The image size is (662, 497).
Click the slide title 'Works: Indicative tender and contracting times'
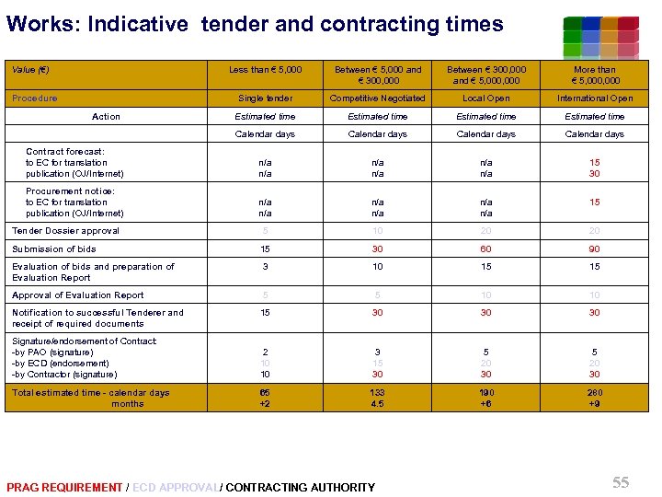255,24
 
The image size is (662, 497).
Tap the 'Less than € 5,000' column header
265,69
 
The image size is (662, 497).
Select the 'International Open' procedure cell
595,98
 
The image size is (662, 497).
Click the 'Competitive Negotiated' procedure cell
377,98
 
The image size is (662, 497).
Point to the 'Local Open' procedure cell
486,98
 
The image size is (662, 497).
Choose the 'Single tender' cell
265,98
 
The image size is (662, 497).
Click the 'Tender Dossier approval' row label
65,231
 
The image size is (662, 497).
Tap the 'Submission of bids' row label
54,248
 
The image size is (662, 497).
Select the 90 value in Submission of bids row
595,248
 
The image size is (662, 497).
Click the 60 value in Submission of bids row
486,248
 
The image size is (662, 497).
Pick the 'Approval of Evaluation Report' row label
78,295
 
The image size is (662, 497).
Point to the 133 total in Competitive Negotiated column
377,393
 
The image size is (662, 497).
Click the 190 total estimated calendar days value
486,393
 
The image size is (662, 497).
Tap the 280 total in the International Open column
595,393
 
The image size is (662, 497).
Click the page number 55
621,482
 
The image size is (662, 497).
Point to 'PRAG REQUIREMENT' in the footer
63,487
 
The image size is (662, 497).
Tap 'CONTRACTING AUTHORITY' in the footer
301,487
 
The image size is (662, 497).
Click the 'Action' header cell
106,117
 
